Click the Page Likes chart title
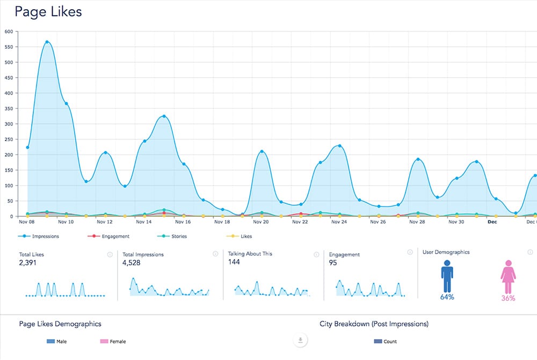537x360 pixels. pyautogui.click(x=48, y=12)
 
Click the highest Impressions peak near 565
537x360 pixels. pyautogui.click(x=47, y=42)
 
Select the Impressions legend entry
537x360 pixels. pyautogui.click(x=39, y=236)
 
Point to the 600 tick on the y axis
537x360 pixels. pyautogui.click(x=8, y=31)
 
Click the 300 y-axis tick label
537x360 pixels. pyautogui.click(x=8, y=124)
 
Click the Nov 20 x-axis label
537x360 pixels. pyautogui.click(x=261, y=222)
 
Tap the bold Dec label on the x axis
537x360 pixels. pyautogui.click(x=492, y=222)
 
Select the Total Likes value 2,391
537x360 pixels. pyautogui.click(x=29, y=263)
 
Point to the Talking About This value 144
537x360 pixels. pyautogui.click(x=235, y=262)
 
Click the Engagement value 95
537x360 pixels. pyautogui.click(x=333, y=263)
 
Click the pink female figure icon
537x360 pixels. pyautogui.click(x=507, y=277)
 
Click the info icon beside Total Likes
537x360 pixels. pyautogui.click(x=110, y=255)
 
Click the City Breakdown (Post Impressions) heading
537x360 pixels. pyautogui.click(x=373, y=324)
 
